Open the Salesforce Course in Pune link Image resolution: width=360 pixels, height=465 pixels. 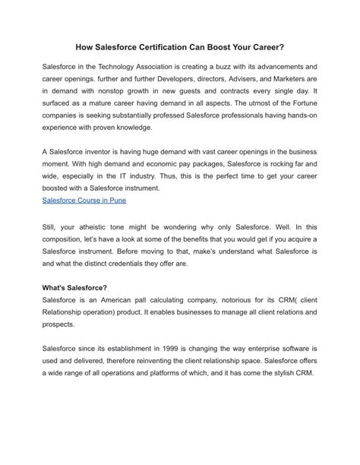coord(84,201)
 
